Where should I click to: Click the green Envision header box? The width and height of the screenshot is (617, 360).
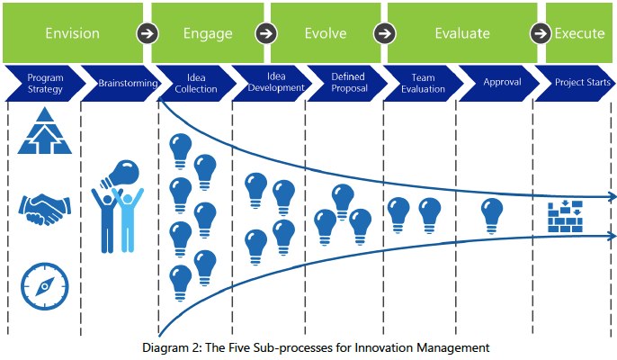[73, 32]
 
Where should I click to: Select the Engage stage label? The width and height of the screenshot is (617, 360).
[208, 33]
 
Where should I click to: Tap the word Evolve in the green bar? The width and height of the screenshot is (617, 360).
[326, 33]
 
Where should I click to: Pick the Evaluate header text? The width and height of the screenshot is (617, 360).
[462, 33]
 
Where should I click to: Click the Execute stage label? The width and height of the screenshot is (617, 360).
[579, 33]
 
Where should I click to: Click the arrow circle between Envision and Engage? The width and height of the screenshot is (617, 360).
[148, 33]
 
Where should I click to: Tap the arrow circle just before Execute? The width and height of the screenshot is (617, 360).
[541, 33]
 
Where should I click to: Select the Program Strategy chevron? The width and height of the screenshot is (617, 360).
[44, 83]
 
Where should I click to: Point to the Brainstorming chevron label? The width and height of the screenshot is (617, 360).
[128, 83]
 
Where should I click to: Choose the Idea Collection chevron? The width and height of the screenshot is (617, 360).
[196, 83]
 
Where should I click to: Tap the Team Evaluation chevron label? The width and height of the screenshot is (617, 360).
[423, 83]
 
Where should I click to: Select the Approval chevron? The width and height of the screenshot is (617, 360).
[500, 83]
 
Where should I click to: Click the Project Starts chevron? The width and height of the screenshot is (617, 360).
[575, 83]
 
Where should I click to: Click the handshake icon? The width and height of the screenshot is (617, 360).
[44, 210]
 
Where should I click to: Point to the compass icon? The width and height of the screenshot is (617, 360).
[44, 286]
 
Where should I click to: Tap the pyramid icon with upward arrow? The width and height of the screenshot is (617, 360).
[44, 130]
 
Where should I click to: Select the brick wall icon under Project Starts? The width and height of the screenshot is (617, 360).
[565, 217]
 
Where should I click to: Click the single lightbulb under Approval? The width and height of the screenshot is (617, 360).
[492, 216]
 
